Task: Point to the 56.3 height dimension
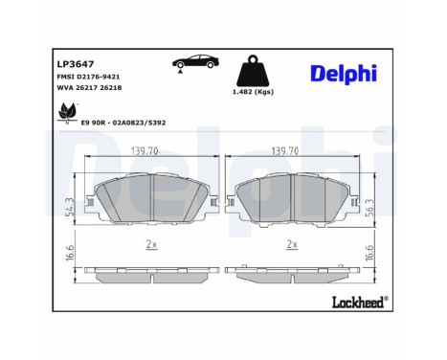pyautogui.click(x=371, y=206)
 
